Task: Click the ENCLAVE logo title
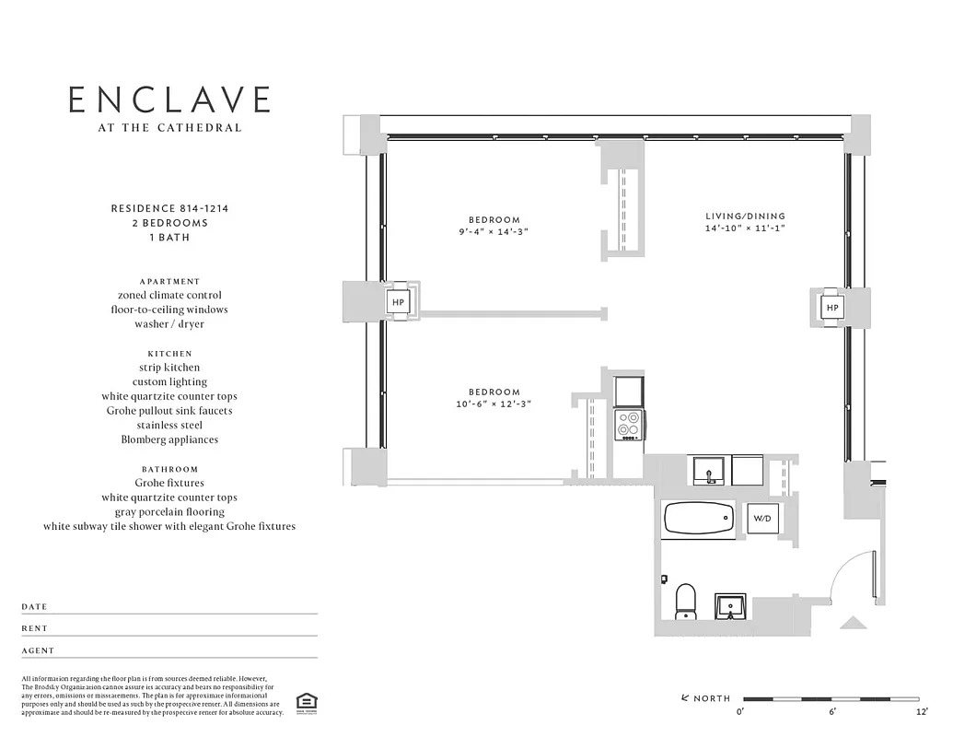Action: [x=169, y=99]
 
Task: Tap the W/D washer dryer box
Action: [x=761, y=519]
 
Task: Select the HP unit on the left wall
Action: [x=399, y=301]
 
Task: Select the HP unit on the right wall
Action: [x=831, y=307]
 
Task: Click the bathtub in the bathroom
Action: [x=698, y=520]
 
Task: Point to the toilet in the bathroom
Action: [x=685, y=601]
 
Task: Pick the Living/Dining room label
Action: [x=744, y=216]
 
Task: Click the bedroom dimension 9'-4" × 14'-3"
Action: [x=494, y=232]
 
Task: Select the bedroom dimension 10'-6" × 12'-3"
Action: [x=494, y=404]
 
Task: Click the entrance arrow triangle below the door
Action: [x=853, y=624]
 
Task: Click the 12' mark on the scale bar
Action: [x=922, y=712]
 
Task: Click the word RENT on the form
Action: [x=34, y=628]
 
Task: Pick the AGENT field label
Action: [x=38, y=650]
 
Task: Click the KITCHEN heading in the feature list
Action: [x=169, y=353]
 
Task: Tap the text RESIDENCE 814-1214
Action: [x=169, y=208]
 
